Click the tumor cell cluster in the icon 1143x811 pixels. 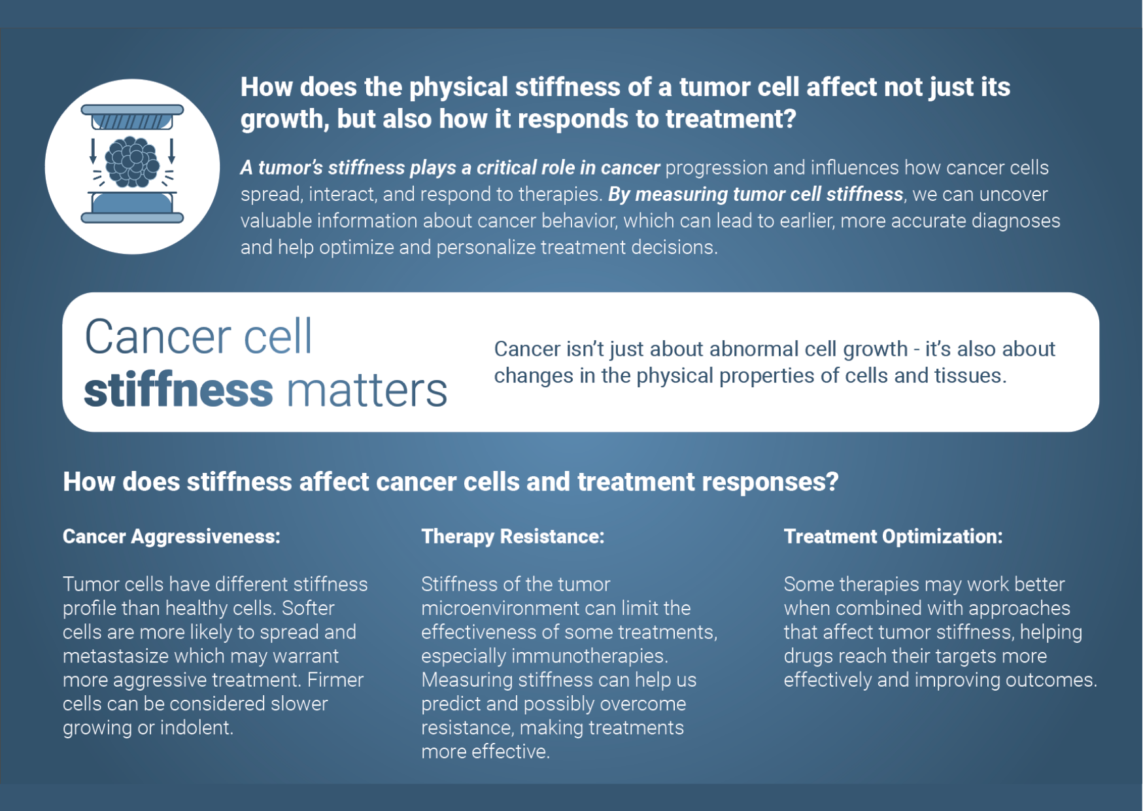pos(132,162)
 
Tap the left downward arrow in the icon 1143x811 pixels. pos(93,150)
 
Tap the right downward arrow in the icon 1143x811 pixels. pos(171,150)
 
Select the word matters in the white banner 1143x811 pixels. pos(367,391)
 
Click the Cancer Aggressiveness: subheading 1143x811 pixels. pos(171,536)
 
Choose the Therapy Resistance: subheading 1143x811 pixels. pos(513,536)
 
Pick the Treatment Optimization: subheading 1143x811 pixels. pos(893,536)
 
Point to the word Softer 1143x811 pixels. pos(308,608)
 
